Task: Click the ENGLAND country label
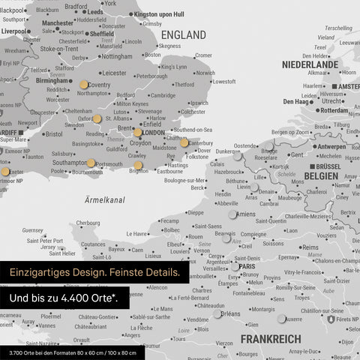[184, 35]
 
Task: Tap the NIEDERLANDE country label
[310, 65]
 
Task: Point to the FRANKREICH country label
[271, 339]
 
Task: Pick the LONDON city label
[153, 133]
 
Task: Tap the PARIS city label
[249, 265]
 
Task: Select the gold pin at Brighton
[138, 166]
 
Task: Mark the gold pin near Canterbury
[184, 142]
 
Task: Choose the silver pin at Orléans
[217, 313]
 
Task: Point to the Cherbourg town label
[88, 223]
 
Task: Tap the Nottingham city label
[116, 56]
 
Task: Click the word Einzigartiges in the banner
[42, 274]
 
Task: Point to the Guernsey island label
[33, 230]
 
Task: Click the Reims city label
[310, 247]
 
